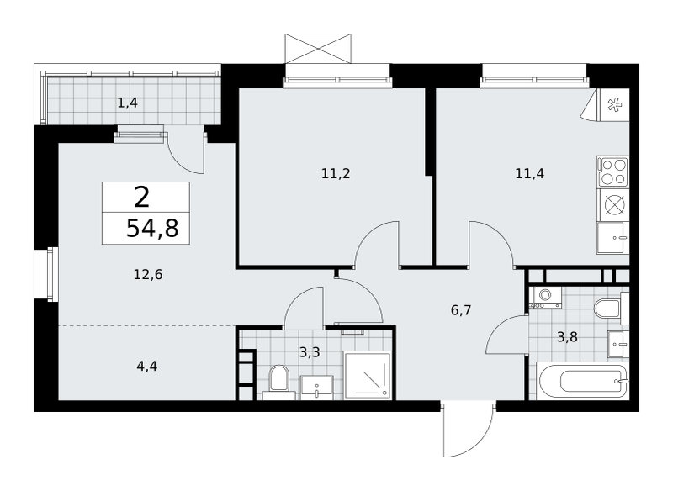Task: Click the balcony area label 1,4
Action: click(x=128, y=103)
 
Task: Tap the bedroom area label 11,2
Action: click(x=336, y=174)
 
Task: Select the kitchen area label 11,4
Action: click(x=530, y=174)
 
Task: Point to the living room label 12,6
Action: click(x=148, y=274)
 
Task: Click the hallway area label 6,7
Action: click(x=461, y=310)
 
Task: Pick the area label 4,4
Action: click(x=146, y=367)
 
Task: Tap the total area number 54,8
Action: click(x=152, y=228)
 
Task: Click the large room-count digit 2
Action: click(x=142, y=198)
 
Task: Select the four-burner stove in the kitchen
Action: click(x=613, y=172)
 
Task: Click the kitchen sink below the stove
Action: click(x=613, y=238)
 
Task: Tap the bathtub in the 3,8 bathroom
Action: click(x=582, y=380)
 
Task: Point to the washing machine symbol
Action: click(x=545, y=297)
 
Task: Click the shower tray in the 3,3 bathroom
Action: click(x=368, y=375)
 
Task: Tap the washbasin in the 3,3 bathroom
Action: click(x=317, y=388)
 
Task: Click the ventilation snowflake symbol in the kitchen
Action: click(x=614, y=104)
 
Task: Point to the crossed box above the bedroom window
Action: click(x=318, y=49)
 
